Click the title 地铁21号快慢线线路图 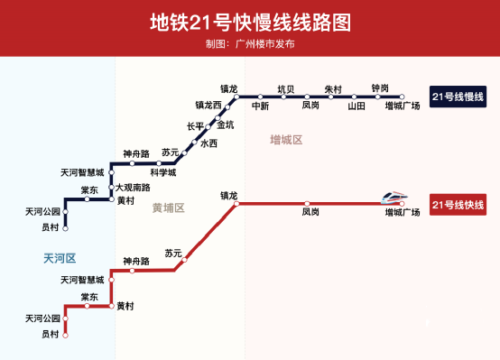(x=249, y=21)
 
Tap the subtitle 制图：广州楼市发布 (x=249, y=42)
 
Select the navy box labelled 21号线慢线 (x=458, y=96)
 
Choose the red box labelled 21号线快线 (x=458, y=206)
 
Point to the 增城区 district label (x=286, y=140)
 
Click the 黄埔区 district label (x=168, y=208)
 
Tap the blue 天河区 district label (x=60, y=258)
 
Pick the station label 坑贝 (x=286, y=88)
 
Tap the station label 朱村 (x=333, y=88)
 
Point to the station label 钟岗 (x=380, y=88)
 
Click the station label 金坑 (x=225, y=125)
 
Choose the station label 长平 (x=195, y=126)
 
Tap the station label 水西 (x=208, y=143)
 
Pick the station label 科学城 (x=163, y=171)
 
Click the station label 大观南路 (x=133, y=188)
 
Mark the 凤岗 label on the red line (x=310, y=213)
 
